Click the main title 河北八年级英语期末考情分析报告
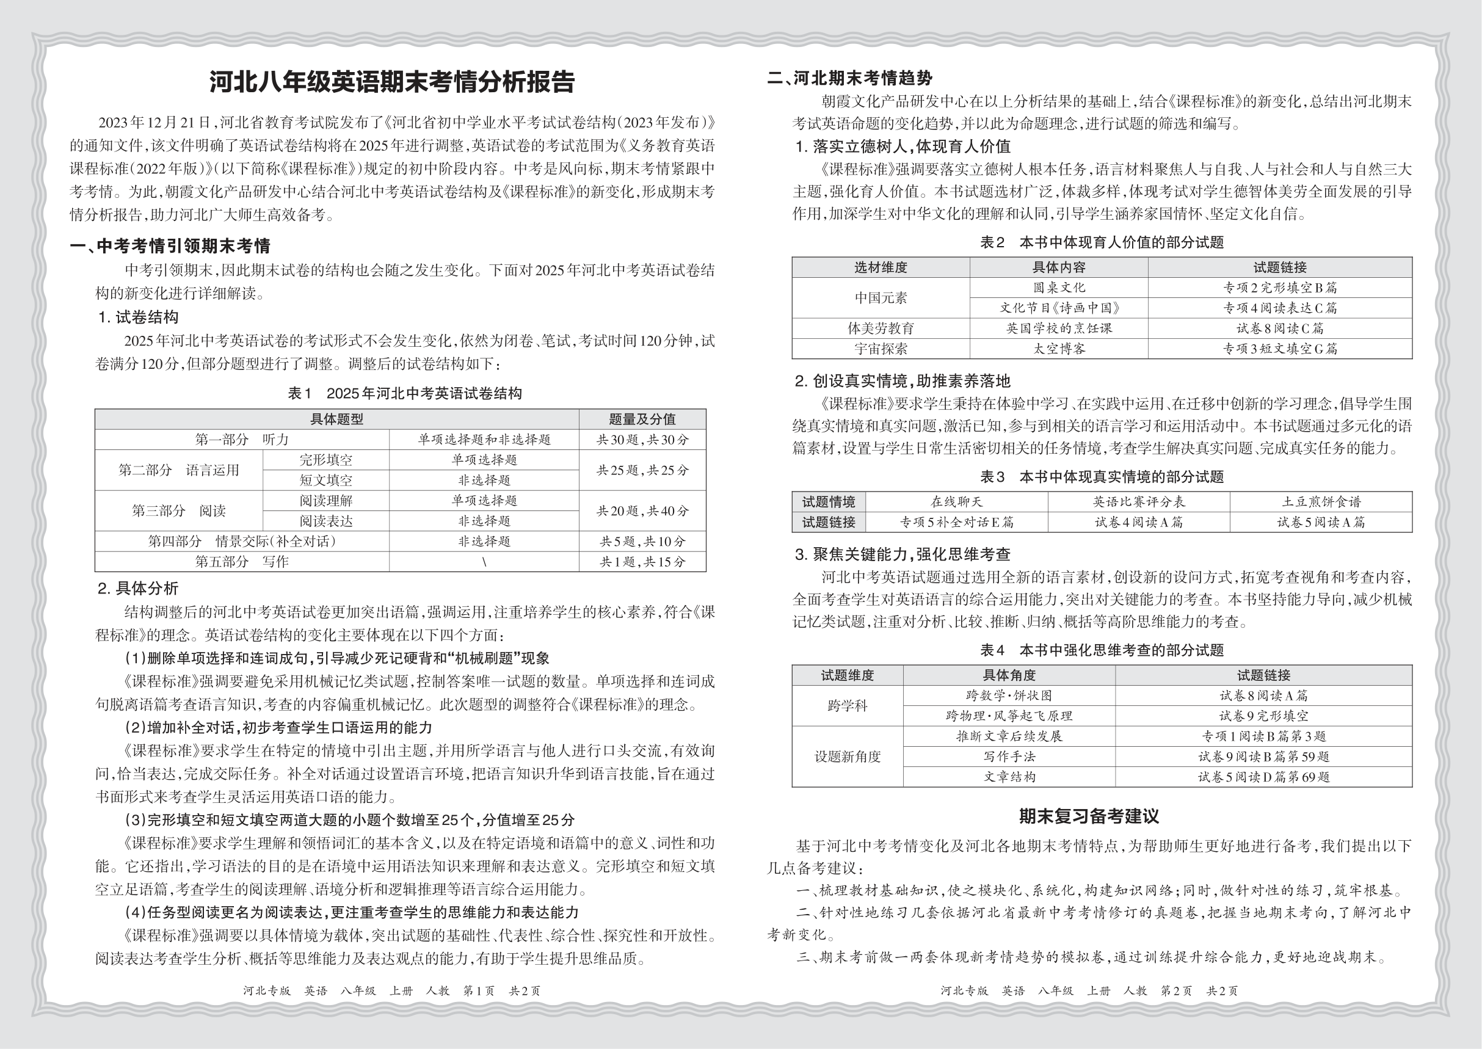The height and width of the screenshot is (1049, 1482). [391, 82]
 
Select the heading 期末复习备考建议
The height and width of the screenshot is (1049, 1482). [1089, 816]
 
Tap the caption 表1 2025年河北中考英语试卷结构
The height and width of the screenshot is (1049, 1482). [404, 393]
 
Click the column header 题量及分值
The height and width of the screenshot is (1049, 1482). [642, 419]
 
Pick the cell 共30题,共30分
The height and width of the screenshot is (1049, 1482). [642, 440]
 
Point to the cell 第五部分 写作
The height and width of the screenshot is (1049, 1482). [242, 562]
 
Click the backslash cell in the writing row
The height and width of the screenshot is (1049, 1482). [484, 562]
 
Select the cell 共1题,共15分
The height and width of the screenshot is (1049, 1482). [642, 562]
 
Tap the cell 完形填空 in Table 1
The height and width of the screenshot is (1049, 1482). [325, 460]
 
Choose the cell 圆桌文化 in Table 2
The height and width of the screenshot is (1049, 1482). [1058, 288]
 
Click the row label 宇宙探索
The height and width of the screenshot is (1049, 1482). [881, 349]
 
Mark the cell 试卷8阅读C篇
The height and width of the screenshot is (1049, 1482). [1279, 328]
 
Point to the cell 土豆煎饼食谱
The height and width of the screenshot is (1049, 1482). [1321, 502]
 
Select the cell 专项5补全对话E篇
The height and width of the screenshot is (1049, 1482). [956, 522]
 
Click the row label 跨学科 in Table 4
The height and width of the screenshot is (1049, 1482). [847, 706]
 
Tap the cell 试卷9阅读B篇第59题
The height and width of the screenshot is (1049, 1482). [1263, 757]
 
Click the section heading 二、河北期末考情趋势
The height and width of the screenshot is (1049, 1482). [849, 79]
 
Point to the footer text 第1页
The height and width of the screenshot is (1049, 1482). [479, 991]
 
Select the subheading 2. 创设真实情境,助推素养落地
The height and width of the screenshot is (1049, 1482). [902, 381]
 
